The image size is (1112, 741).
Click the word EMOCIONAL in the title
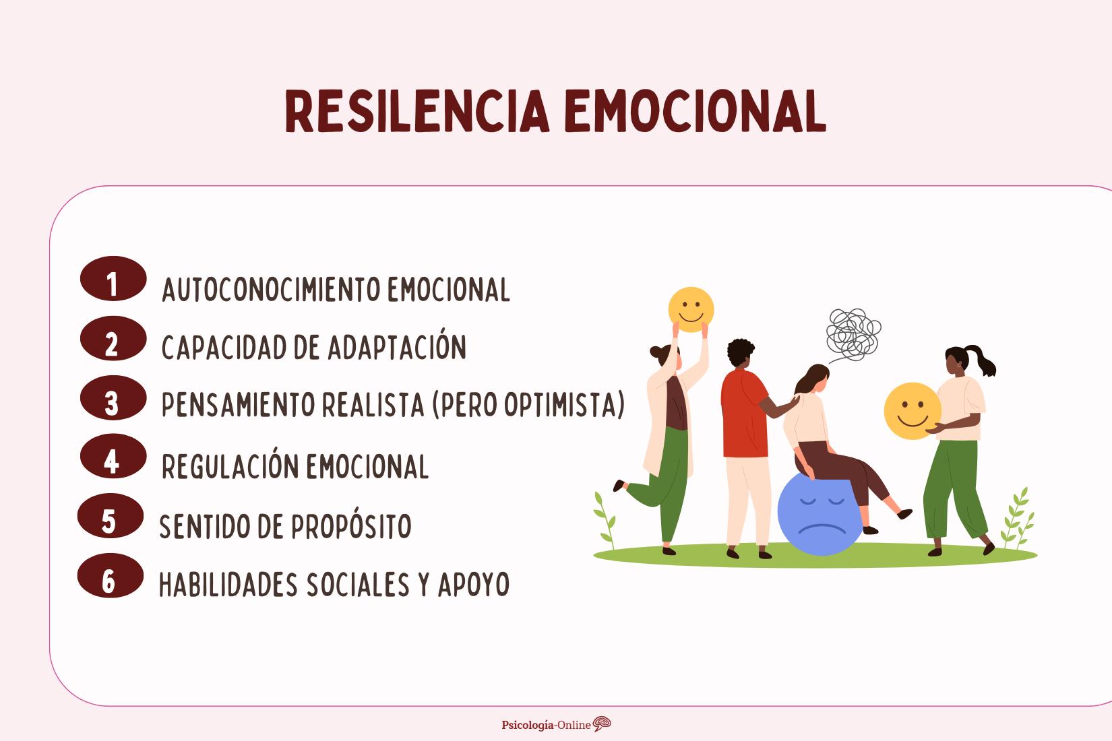point(695,111)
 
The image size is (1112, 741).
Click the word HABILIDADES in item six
point(228,585)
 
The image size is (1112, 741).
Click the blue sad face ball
point(819,515)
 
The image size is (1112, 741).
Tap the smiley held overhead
point(691,309)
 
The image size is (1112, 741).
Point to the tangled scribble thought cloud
point(853,333)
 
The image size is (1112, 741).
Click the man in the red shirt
point(745,431)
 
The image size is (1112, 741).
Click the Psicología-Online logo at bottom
point(557,725)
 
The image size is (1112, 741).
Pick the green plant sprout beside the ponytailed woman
point(1017,519)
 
